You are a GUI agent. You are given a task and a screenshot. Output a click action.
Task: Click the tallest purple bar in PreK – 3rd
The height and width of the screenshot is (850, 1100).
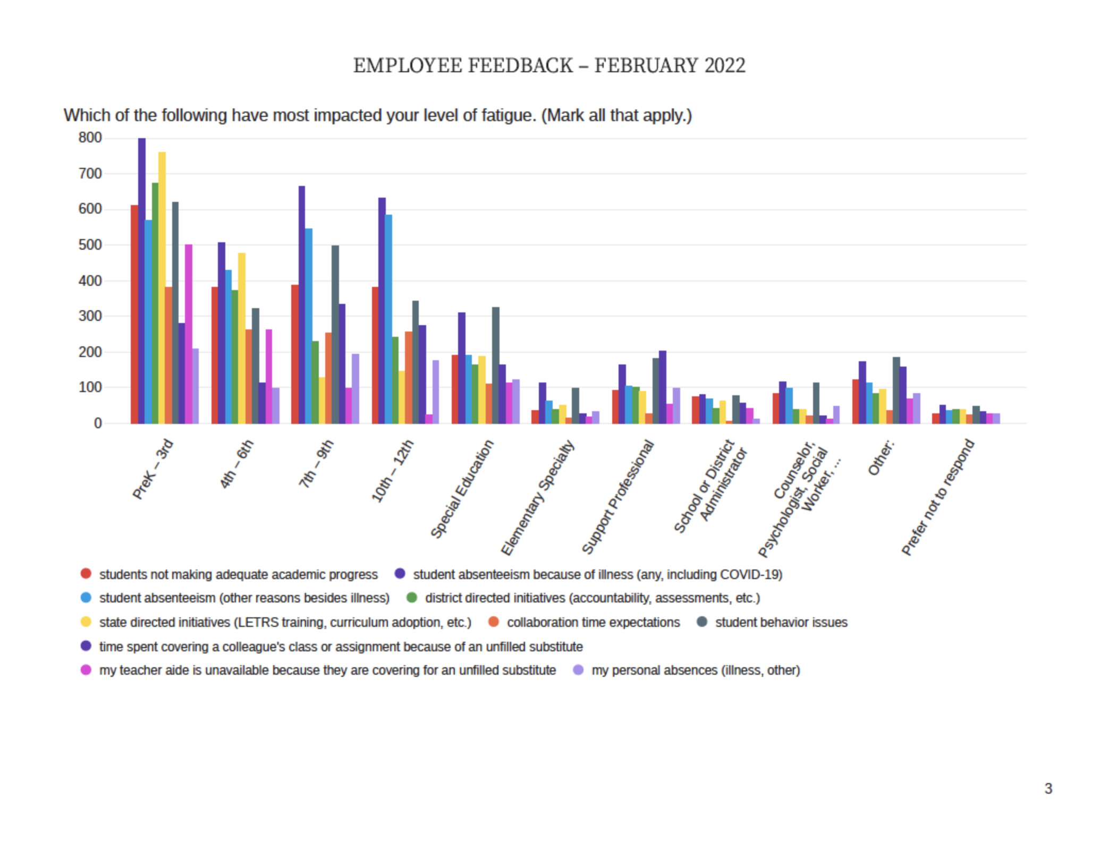coord(142,280)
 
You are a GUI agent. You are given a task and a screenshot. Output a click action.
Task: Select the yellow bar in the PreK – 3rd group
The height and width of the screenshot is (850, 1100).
coord(162,287)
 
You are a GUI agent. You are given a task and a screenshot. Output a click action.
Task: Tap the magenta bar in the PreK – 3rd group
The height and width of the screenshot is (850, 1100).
coord(189,334)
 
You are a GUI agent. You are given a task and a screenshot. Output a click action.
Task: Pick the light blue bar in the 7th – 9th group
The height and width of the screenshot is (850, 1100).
coord(309,326)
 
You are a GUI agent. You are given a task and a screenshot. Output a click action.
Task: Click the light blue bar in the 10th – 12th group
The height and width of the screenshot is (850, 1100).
coord(388,319)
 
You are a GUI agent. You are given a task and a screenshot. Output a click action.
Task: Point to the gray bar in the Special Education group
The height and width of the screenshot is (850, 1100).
coord(496,365)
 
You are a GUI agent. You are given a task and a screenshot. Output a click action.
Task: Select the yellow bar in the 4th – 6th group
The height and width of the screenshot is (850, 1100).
coord(242,338)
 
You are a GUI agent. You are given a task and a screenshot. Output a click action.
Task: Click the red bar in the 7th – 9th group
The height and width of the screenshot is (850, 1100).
coord(295,354)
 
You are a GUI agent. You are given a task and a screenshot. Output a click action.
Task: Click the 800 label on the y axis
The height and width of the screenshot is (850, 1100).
coord(90,138)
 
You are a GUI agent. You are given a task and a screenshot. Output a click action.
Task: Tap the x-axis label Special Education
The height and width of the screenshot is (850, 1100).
coord(462,489)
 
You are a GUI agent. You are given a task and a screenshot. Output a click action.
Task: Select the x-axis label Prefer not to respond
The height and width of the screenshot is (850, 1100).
coord(938,497)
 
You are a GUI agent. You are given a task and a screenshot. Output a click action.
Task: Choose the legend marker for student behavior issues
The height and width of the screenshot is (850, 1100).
coord(702,622)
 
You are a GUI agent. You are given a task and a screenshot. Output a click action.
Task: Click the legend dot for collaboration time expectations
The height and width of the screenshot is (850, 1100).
coord(494,622)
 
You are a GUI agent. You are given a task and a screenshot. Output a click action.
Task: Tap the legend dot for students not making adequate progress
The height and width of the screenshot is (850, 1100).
coord(86,574)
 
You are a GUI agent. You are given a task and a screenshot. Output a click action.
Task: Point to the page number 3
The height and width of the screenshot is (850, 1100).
coord(1048,788)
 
